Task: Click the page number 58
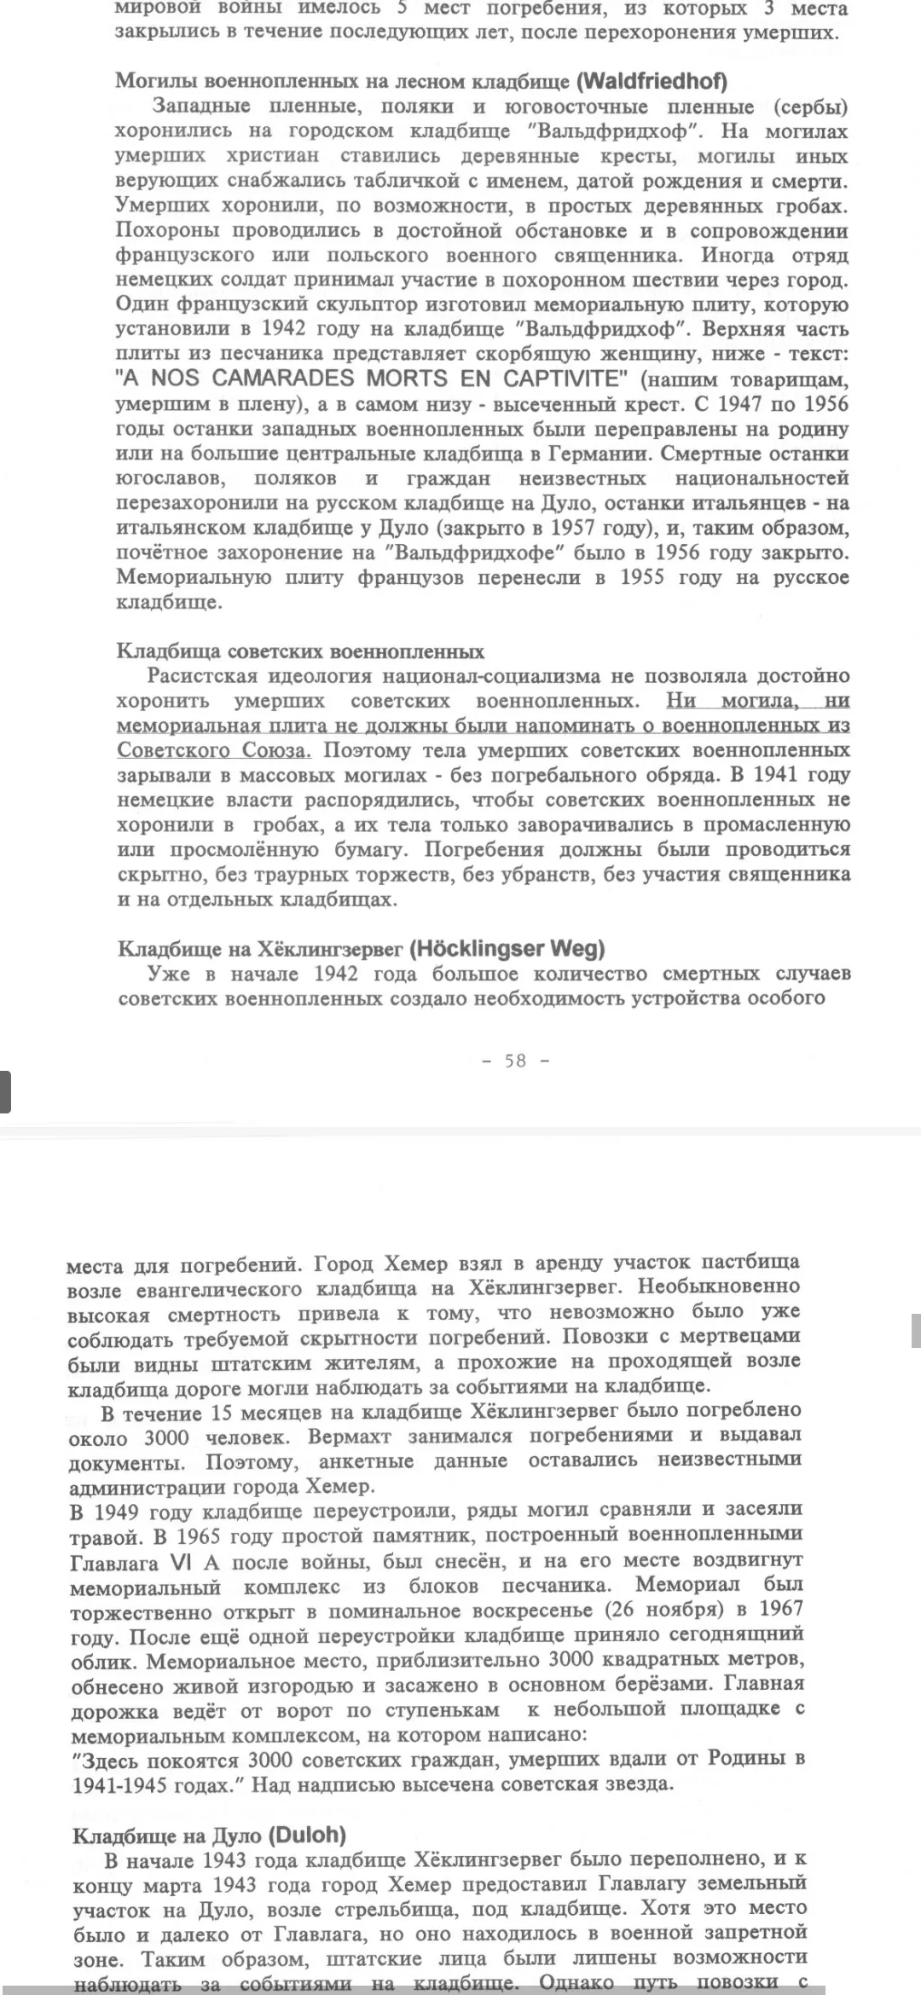pyautogui.click(x=515, y=1061)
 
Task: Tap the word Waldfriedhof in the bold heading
pyautogui.click(x=652, y=82)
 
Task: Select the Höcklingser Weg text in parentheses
pyautogui.click(x=507, y=948)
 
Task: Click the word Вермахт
pyautogui.click(x=349, y=1437)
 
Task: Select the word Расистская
pyautogui.click(x=202, y=676)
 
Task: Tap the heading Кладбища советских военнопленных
pyautogui.click(x=299, y=651)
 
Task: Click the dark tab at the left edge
pyautogui.click(x=5, y=1092)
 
